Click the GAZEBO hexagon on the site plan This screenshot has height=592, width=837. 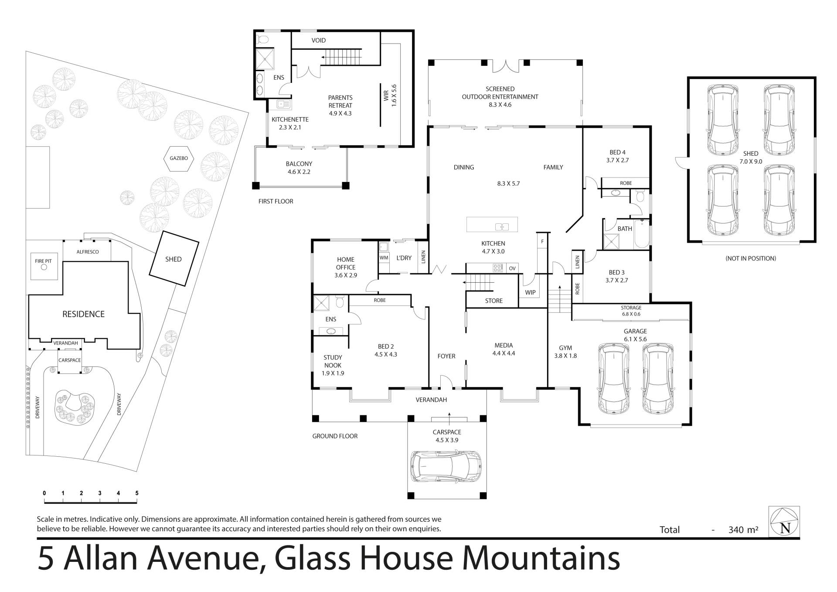click(179, 158)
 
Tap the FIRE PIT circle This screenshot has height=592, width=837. click(44, 267)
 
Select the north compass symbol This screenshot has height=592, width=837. click(784, 521)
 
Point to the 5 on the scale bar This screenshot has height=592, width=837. click(137, 493)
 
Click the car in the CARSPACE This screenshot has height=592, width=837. click(446, 466)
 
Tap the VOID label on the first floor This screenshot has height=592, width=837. click(319, 40)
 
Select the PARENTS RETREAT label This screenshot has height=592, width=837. click(340, 101)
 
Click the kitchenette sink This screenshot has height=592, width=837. click(284, 104)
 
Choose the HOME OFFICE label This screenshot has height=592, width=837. click(346, 263)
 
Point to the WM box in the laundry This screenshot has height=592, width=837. click(384, 258)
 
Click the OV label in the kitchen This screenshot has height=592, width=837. click(512, 268)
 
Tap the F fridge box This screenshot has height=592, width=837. click(542, 241)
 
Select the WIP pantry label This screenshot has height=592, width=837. click(530, 292)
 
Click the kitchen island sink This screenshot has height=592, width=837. click(502, 226)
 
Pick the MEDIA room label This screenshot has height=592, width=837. click(504, 345)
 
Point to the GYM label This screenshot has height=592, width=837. click(565, 348)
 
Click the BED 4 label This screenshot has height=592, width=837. click(617, 152)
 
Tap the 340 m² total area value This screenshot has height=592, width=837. click(743, 530)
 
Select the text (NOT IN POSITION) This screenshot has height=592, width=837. click(751, 258)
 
